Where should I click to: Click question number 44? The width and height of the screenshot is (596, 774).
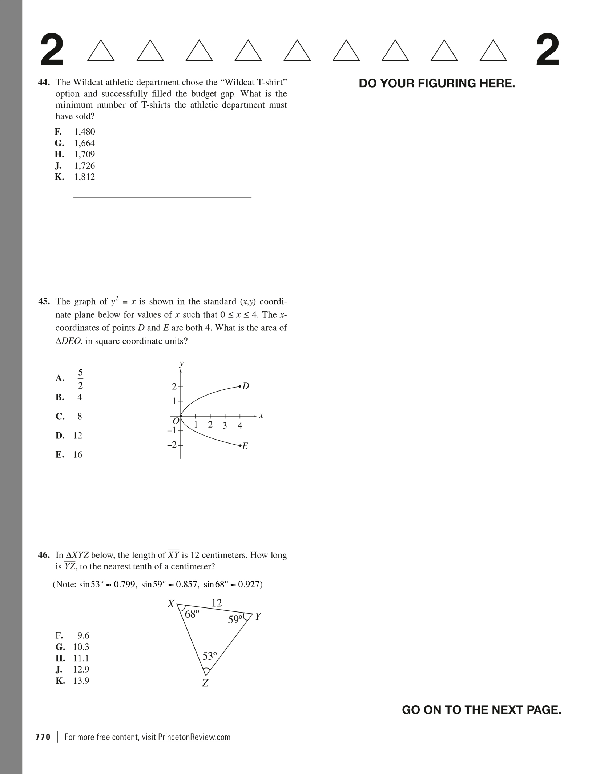click(x=44, y=82)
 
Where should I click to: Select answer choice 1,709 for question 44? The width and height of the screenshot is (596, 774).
click(x=84, y=154)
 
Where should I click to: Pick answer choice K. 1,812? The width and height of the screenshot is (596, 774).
click(x=84, y=177)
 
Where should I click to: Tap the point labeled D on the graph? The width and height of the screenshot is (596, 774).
click(x=240, y=386)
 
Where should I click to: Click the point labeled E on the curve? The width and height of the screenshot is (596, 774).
click(x=240, y=445)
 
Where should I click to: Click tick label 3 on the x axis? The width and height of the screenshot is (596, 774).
click(x=225, y=426)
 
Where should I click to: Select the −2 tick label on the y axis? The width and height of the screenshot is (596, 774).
click(x=172, y=445)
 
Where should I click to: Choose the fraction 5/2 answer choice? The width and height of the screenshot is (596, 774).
click(x=80, y=378)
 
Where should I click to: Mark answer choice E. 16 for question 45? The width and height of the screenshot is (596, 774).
click(x=77, y=454)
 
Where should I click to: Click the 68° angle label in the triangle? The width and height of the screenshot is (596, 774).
click(x=192, y=614)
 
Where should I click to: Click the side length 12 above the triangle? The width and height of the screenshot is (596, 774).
click(x=217, y=603)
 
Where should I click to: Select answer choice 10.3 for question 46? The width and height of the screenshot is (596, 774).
click(x=81, y=647)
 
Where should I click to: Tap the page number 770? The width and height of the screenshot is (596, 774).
click(x=43, y=737)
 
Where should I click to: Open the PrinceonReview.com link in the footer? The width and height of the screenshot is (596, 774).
click(x=194, y=737)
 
